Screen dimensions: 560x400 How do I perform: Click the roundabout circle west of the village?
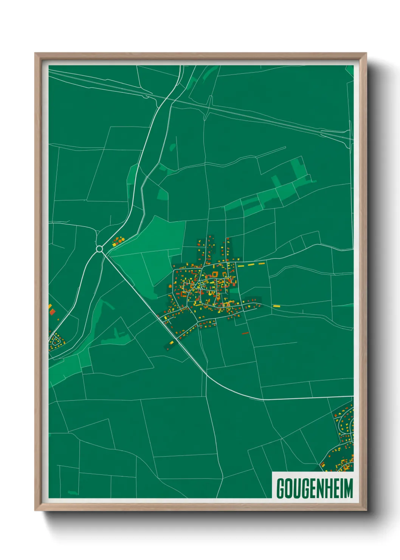point(99,249)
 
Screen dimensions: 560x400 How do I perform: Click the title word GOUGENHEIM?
point(315,488)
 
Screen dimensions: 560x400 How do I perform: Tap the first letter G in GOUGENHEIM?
point(281,488)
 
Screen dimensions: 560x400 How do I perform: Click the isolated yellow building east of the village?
point(276,306)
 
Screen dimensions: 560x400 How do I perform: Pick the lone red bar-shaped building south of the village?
point(245,333)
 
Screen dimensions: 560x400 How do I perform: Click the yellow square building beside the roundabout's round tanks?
point(114,245)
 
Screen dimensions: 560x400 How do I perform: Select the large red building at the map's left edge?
point(53,312)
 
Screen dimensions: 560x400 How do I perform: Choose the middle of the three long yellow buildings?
point(251,264)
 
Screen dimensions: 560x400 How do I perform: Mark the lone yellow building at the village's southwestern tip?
point(171,343)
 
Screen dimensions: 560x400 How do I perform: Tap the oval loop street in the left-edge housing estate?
point(57,341)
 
